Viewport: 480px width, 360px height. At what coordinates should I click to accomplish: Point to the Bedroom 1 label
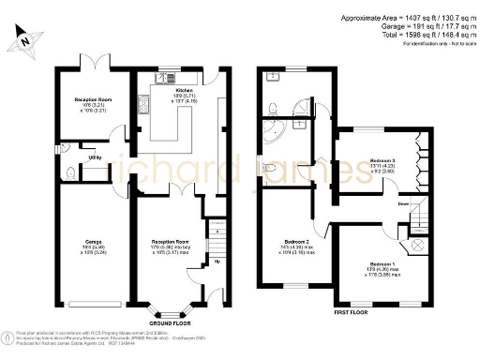point(382,263)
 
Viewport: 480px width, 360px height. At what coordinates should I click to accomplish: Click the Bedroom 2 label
point(298,242)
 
